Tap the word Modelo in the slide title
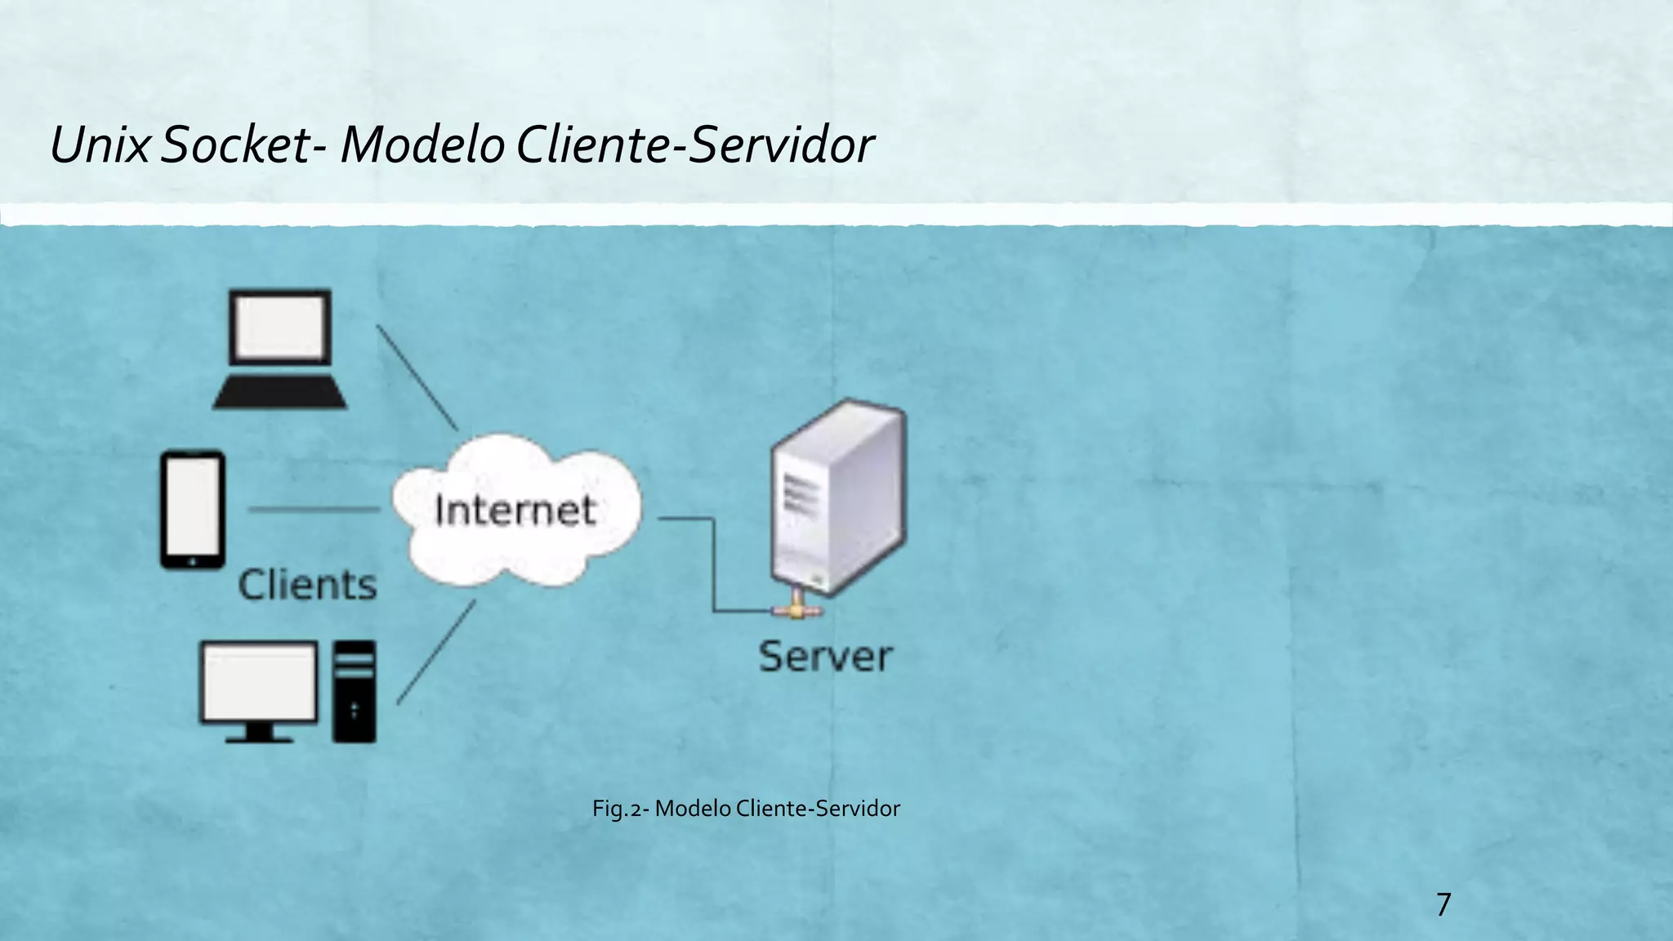422,145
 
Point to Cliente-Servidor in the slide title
695,145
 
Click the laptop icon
280,349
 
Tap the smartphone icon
193,510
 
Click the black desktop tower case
355,691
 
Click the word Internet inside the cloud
515,511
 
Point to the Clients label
307,585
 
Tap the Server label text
825,657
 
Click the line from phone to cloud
314,510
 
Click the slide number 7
1443,904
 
